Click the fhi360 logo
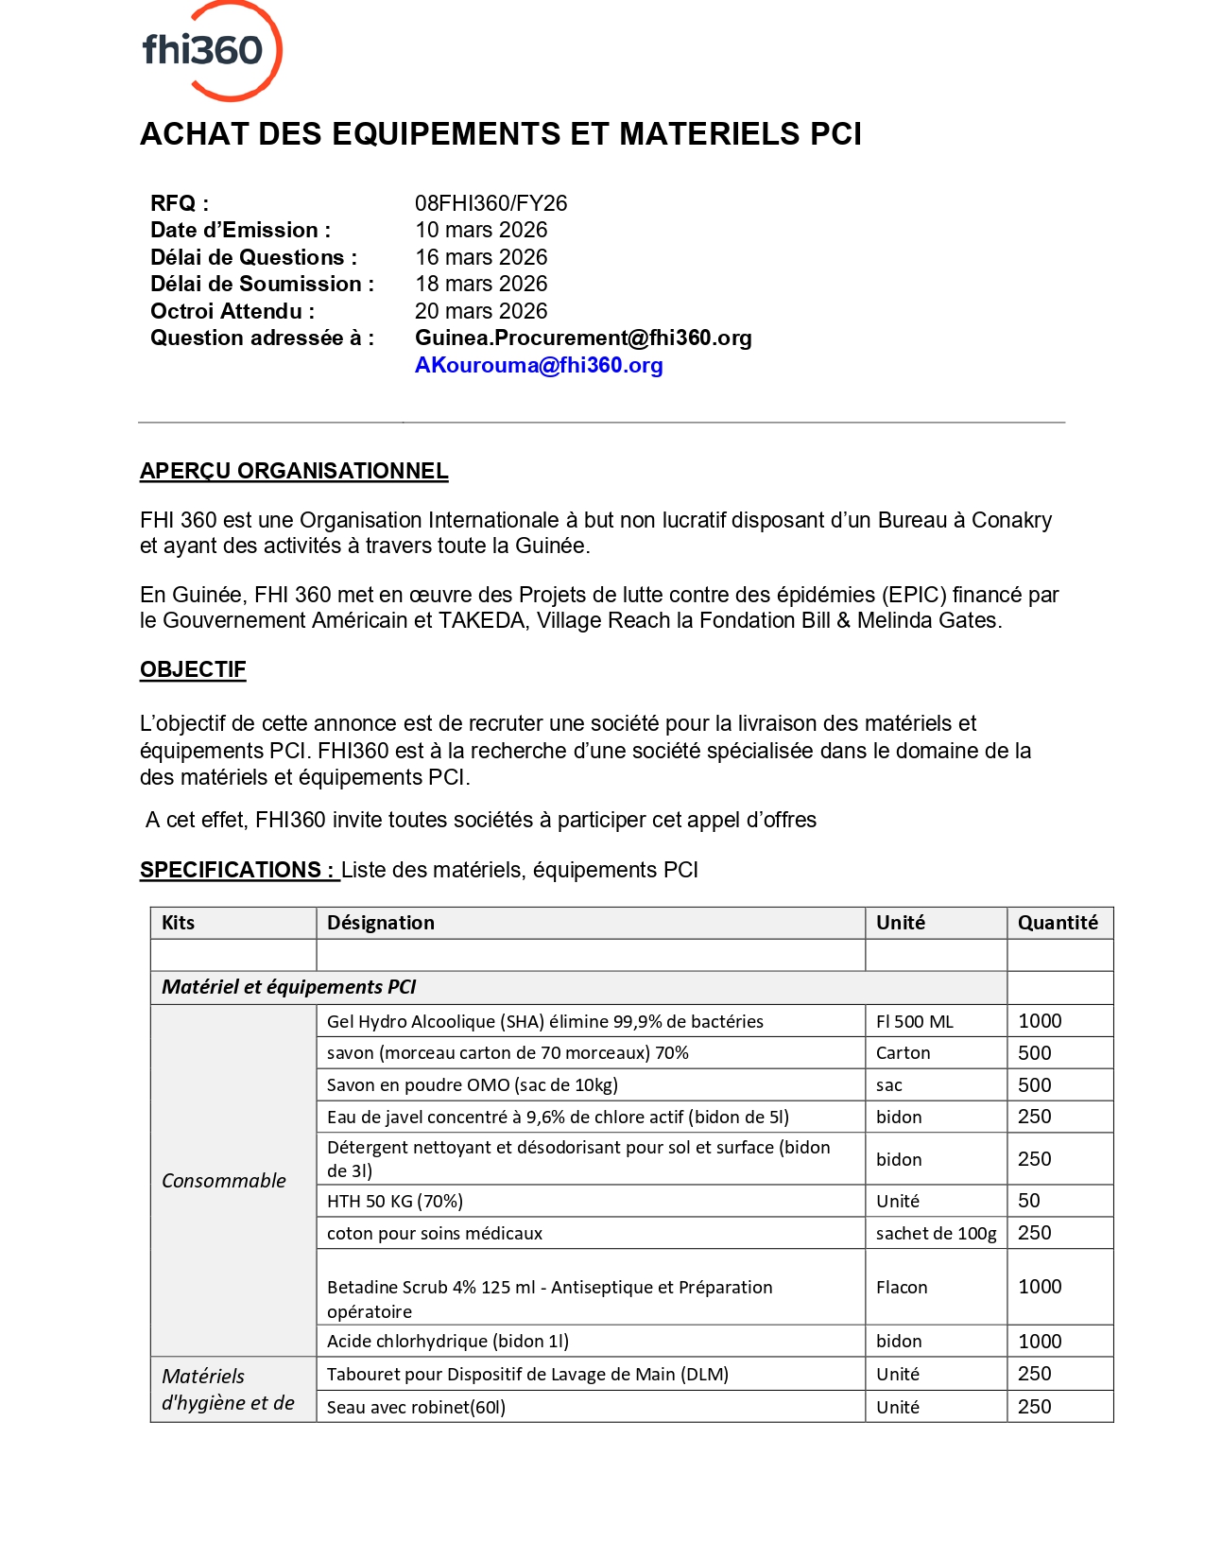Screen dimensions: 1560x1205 [211, 50]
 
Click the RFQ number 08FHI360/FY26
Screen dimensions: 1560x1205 [491, 203]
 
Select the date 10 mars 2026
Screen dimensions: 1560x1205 [481, 230]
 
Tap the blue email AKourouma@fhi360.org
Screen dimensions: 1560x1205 [539, 365]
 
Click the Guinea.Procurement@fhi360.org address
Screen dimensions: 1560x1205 [583, 338]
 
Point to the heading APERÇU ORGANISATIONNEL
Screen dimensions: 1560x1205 [294, 471]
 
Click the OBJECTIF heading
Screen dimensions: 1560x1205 [193, 669]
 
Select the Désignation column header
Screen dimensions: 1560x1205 [381, 923]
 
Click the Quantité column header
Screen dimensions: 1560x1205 [1058, 923]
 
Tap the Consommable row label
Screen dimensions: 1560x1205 [224, 1180]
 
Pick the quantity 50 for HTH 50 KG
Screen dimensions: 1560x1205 [1029, 1201]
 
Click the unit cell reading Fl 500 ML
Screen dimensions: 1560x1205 [915, 1021]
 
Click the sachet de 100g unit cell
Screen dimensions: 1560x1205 [936, 1233]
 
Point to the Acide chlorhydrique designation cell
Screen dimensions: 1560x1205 [448, 1341]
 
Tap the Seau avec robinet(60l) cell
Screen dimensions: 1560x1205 [416, 1407]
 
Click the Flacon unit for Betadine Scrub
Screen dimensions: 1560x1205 [902, 1287]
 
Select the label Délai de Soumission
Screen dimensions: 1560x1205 [262, 284]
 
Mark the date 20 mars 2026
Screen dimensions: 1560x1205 [481, 311]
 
